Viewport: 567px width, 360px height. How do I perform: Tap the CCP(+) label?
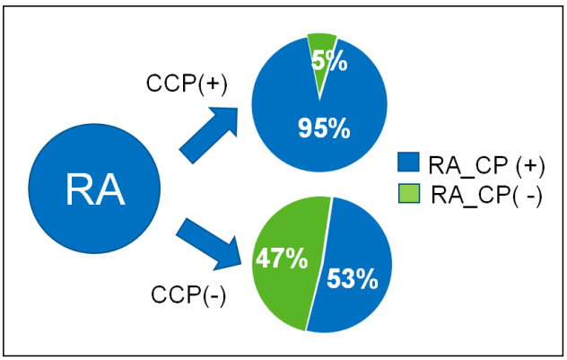[x=187, y=83]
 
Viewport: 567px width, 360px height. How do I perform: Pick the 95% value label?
[x=322, y=128]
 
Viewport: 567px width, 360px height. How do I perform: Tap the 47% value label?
[x=282, y=259]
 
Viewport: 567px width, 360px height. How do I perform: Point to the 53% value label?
[x=351, y=279]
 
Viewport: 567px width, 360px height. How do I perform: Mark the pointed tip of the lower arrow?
[x=243, y=267]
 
